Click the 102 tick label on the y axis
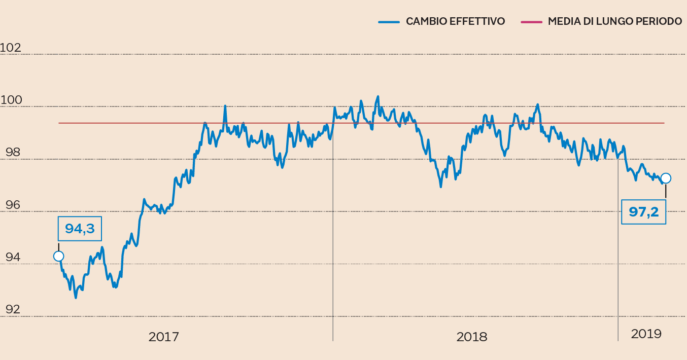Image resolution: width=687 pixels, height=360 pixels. (x=11, y=48)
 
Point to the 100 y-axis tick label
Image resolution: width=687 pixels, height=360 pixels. (x=11, y=100)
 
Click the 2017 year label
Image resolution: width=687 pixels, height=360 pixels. (x=163, y=337)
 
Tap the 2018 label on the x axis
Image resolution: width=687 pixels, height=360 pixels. (x=471, y=337)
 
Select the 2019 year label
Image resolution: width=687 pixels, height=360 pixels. (x=646, y=334)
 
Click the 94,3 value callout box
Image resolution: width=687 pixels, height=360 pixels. (x=80, y=229)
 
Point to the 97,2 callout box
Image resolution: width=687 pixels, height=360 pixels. (x=643, y=211)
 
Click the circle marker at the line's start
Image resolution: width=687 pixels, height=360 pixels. (x=58, y=256)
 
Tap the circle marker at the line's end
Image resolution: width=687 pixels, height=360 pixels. (x=666, y=178)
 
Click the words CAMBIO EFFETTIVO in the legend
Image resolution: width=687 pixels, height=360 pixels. (x=455, y=22)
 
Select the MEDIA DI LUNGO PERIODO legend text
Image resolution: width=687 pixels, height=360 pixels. (x=614, y=22)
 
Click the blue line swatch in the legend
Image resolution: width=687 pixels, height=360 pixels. (x=389, y=22)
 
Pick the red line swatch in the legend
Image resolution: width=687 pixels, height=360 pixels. (x=531, y=22)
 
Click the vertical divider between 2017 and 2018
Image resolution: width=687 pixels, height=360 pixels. (x=333, y=254)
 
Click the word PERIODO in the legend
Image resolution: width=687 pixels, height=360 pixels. (x=659, y=22)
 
